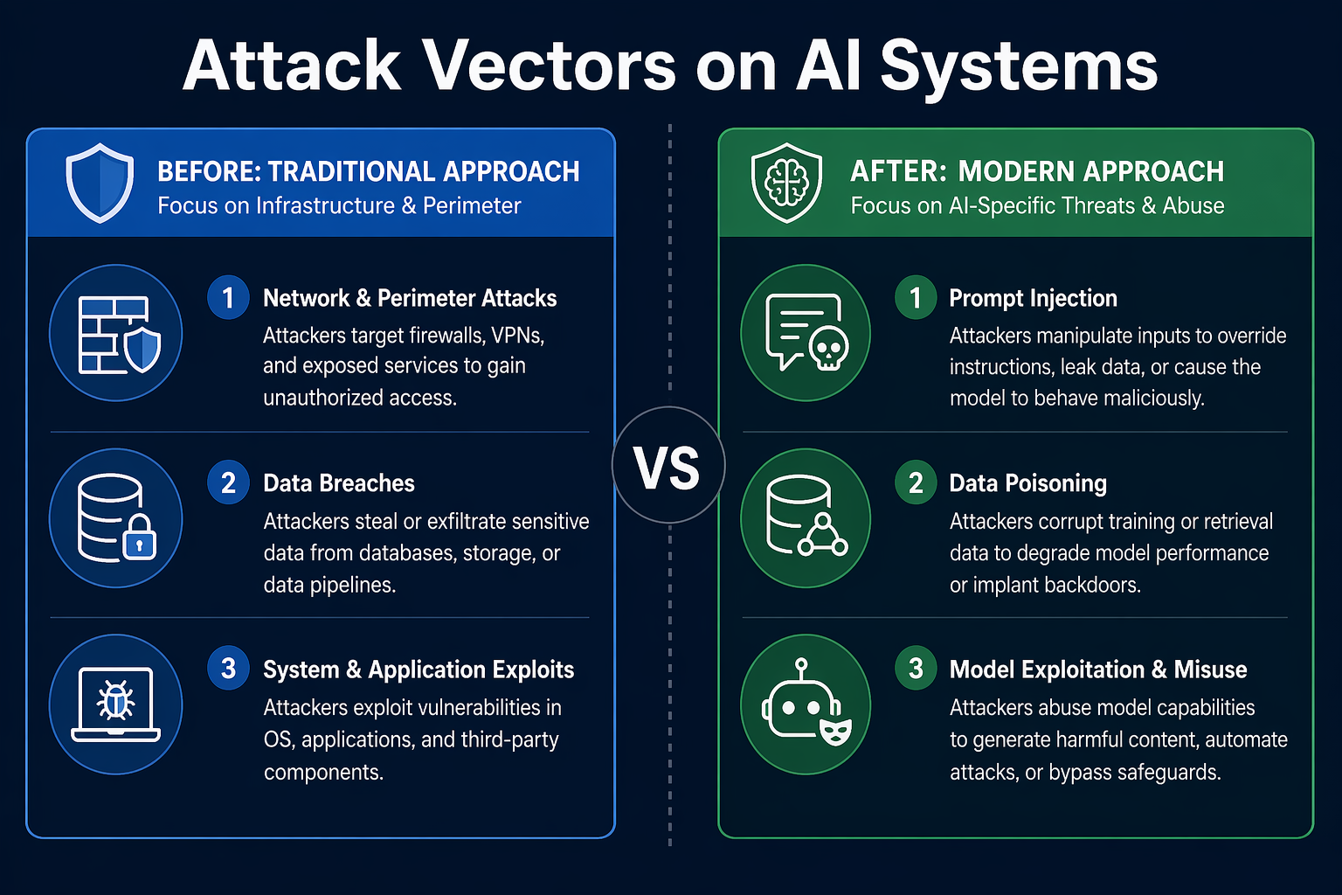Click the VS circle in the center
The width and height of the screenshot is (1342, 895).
tap(668, 465)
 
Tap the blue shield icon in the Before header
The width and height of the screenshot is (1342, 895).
tap(100, 183)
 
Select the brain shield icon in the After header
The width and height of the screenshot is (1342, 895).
tap(786, 183)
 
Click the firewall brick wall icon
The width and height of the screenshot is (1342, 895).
tap(119, 335)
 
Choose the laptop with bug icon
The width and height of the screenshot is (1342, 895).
tap(115, 704)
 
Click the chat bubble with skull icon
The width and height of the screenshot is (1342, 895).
tap(806, 333)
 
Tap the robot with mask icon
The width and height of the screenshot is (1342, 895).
tap(806, 703)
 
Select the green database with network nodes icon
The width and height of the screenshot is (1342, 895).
tap(806, 517)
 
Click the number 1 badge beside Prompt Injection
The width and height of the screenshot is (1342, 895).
tap(916, 297)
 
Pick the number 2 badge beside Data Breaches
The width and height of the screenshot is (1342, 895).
tap(228, 482)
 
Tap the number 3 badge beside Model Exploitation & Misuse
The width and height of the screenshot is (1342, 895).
tap(916, 669)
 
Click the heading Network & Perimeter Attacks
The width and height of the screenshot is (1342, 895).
tap(410, 298)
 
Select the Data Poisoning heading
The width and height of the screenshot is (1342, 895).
tap(1028, 483)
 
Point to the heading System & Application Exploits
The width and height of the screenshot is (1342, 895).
tap(419, 670)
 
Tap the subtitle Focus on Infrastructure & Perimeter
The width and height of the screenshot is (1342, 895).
tap(339, 205)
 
